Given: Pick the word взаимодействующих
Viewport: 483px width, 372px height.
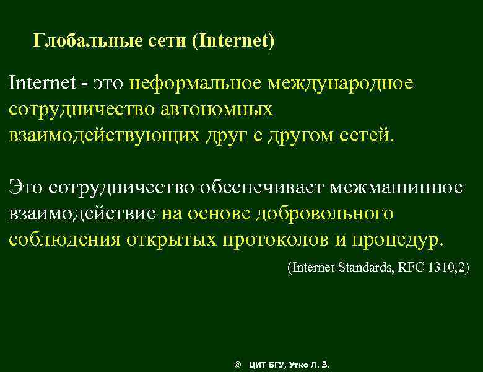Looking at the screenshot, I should click(104, 135).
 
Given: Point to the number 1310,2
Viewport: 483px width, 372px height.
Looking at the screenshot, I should click(448, 268).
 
